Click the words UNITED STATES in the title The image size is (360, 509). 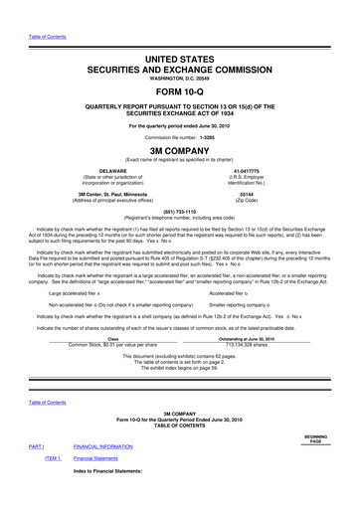(180, 62)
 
